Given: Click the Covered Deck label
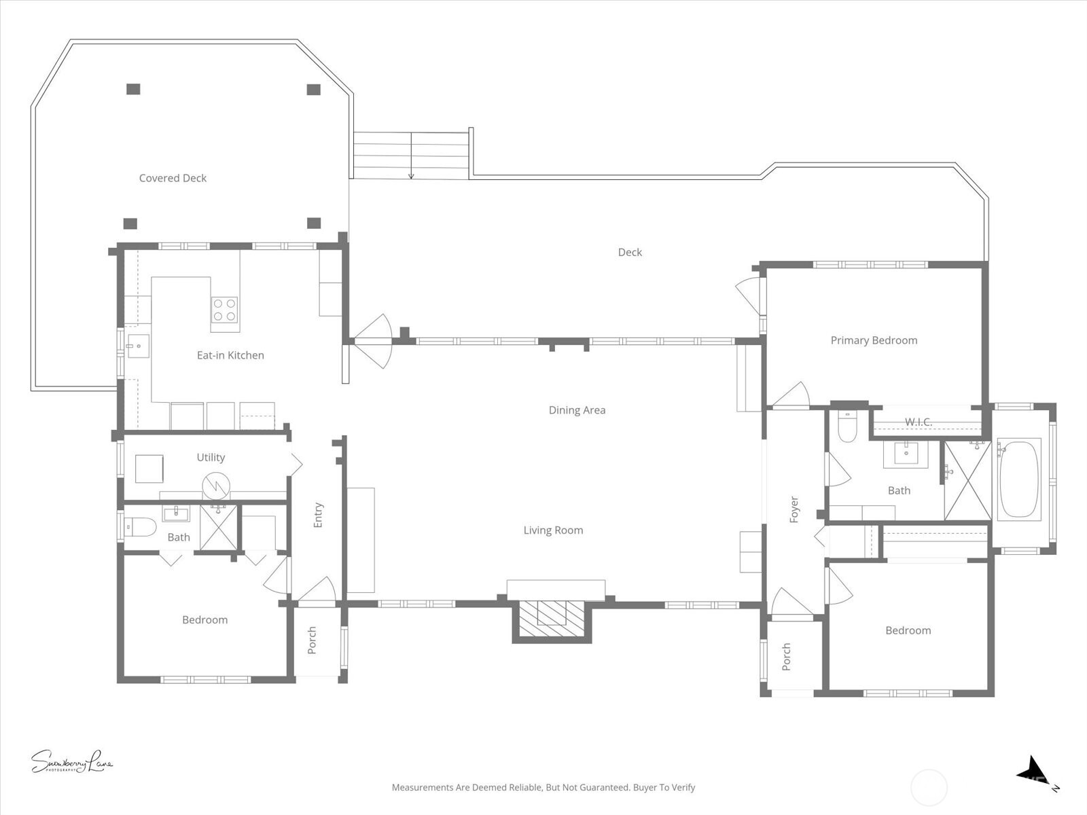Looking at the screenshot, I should (x=173, y=178).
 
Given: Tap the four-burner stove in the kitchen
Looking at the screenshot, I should (x=224, y=310).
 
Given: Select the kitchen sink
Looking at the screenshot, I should (x=138, y=346).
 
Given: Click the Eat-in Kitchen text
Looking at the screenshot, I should (x=230, y=355).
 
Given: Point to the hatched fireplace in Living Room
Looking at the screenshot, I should (x=552, y=619).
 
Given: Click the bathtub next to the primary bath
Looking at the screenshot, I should (x=1019, y=479).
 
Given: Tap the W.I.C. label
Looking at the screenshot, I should (x=918, y=422).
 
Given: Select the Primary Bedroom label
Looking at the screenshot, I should (x=874, y=340).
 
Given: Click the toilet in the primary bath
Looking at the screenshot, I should (x=847, y=429).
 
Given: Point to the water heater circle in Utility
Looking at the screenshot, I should (x=216, y=485).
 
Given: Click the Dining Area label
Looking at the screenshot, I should (x=577, y=410).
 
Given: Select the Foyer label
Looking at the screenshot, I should (x=794, y=509).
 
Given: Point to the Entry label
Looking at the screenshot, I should (x=318, y=515).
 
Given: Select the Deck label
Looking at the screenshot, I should (x=630, y=252).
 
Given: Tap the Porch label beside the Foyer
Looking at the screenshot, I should (x=786, y=657).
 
